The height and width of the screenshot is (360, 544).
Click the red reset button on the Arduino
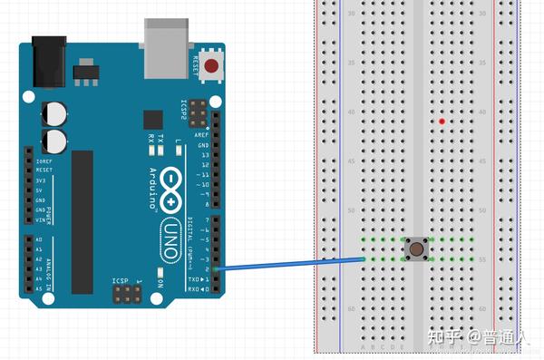(x=211, y=65)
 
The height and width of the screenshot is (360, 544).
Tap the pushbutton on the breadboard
(x=416, y=248)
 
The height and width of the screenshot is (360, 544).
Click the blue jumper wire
(x=290, y=264)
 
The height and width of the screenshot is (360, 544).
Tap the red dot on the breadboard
(x=442, y=122)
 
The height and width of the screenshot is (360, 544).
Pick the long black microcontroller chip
(x=83, y=222)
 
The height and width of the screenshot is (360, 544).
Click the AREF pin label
(x=203, y=134)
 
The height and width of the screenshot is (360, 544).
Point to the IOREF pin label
(x=44, y=161)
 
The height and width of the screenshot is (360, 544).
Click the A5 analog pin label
(x=39, y=288)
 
